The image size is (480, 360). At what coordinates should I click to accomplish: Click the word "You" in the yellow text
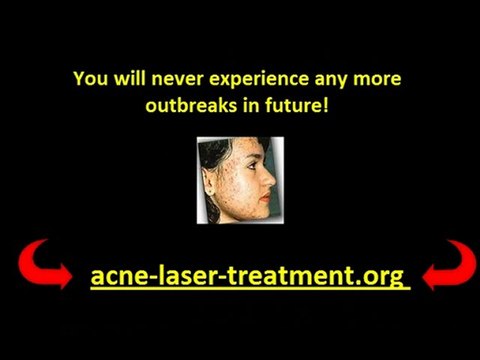(x=87, y=78)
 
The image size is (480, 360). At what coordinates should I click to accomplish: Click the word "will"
(x=123, y=78)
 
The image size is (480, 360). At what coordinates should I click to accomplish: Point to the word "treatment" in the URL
(x=288, y=275)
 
